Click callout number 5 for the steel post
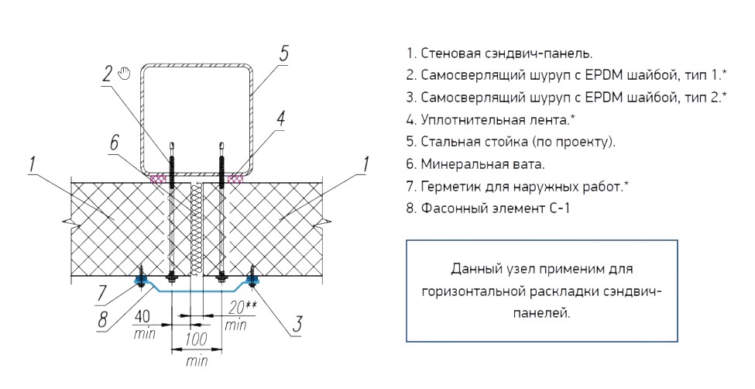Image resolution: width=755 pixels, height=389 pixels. [x=284, y=53]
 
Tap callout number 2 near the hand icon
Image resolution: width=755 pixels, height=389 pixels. [x=108, y=74]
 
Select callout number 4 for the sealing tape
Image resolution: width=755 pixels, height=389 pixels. [x=281, y=118]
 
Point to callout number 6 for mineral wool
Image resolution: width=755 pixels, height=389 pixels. [x=114, y=143]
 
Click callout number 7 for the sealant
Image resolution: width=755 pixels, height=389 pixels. [x=101, y=294]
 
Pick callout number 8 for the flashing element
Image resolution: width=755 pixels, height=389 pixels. [x=103, y=320]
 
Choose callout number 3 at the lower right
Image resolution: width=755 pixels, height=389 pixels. [x=297, y=324]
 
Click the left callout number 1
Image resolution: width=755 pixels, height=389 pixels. [x=33, y=164]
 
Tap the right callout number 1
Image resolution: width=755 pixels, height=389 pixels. [x=365, y=164]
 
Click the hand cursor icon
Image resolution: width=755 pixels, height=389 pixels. [x=125, y=73]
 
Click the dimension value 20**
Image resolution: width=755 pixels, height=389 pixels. [x=242, y=307]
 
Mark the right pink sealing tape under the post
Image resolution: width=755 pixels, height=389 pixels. [x=235, y=179]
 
